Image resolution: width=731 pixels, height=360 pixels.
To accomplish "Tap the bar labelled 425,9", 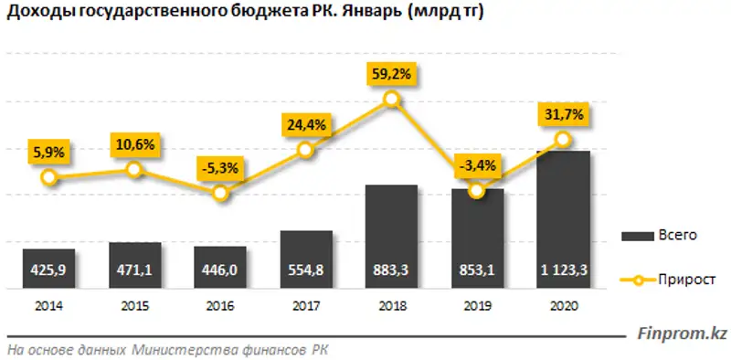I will point(48,267).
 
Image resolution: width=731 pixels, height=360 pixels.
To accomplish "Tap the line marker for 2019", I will point(476,191).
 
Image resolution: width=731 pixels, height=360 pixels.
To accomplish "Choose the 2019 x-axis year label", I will point(477,306).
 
